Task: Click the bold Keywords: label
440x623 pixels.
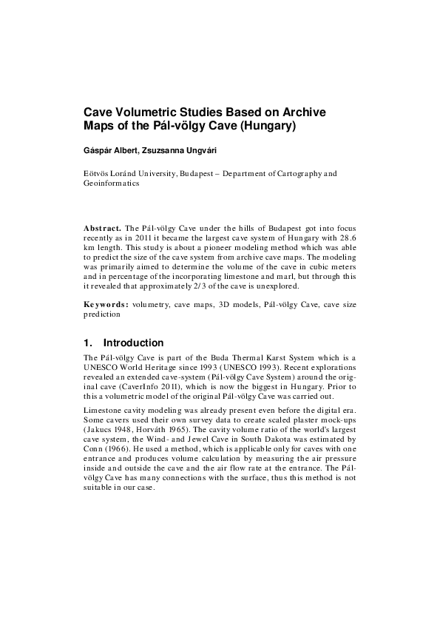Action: pos(105,304)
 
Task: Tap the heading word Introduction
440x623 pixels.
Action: pos(133,343)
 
